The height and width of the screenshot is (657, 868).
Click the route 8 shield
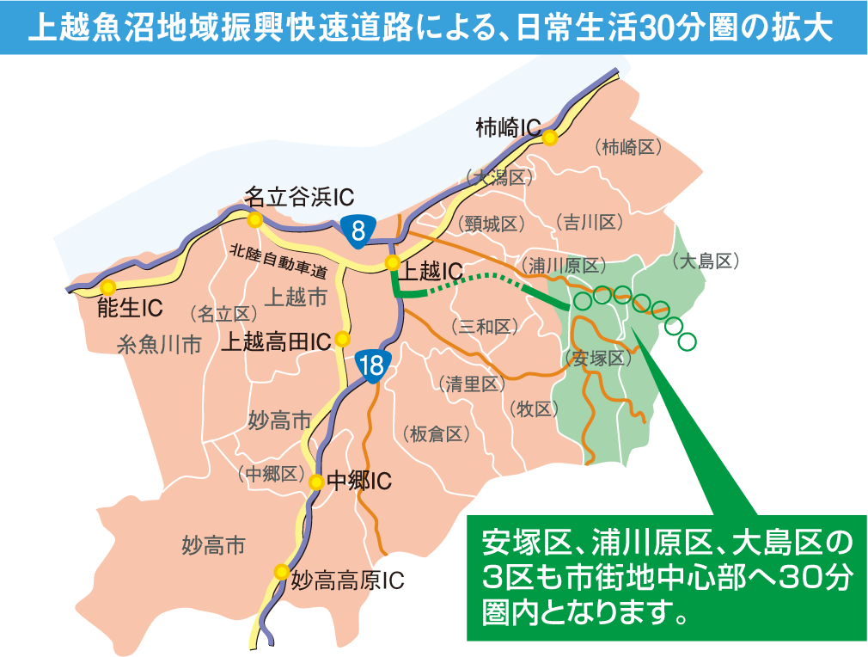[x=358, y=229]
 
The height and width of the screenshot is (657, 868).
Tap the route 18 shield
[x=373, y=365]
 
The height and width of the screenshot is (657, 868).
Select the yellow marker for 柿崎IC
[x=549, y=137]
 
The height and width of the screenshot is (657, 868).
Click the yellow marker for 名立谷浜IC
[x=254, y=220]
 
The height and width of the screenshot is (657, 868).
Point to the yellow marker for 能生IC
[x=107, y=287]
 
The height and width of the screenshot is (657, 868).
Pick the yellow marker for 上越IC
[x=392, y=262]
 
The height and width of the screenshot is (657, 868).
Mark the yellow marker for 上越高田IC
[x=342, y=338]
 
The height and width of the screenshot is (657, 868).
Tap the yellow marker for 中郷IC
[x=316, y=482]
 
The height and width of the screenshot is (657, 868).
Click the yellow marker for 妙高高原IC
[x=280, y=571]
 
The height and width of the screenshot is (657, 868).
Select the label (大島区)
[x=706, y=261]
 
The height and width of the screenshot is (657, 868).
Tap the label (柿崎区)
[x=628, y=147]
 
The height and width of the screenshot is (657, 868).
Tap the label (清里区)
[x=472, y=384]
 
